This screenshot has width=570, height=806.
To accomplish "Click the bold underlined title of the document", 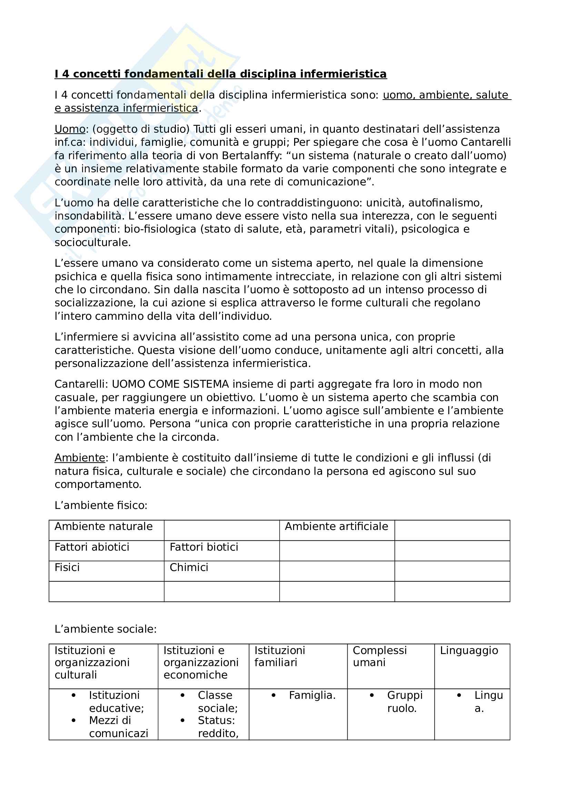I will pos(221,74).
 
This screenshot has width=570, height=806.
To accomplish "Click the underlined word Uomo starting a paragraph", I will pos(70,129).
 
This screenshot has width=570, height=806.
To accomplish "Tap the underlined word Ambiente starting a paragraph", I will pos(80,458).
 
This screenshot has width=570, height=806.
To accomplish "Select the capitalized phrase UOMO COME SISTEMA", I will pos(170,384).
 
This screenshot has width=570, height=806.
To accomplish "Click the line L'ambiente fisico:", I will pos(101,505).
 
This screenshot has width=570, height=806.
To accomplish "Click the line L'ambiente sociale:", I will pos(106,629).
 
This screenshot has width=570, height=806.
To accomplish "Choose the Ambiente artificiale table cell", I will pos(337,527).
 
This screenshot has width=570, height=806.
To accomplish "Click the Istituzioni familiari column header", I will pos(280,656).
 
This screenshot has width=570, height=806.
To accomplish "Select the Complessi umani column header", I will pos(380,656).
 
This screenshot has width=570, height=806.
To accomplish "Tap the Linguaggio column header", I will pos(469,651).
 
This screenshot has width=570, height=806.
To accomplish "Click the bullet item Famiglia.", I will pos(312,695).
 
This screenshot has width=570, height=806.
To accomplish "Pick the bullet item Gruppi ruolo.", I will pos(404,701).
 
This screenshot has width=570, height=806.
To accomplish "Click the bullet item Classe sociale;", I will pos(217,701).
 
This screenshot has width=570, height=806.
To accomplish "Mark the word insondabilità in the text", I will pos(88,216).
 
